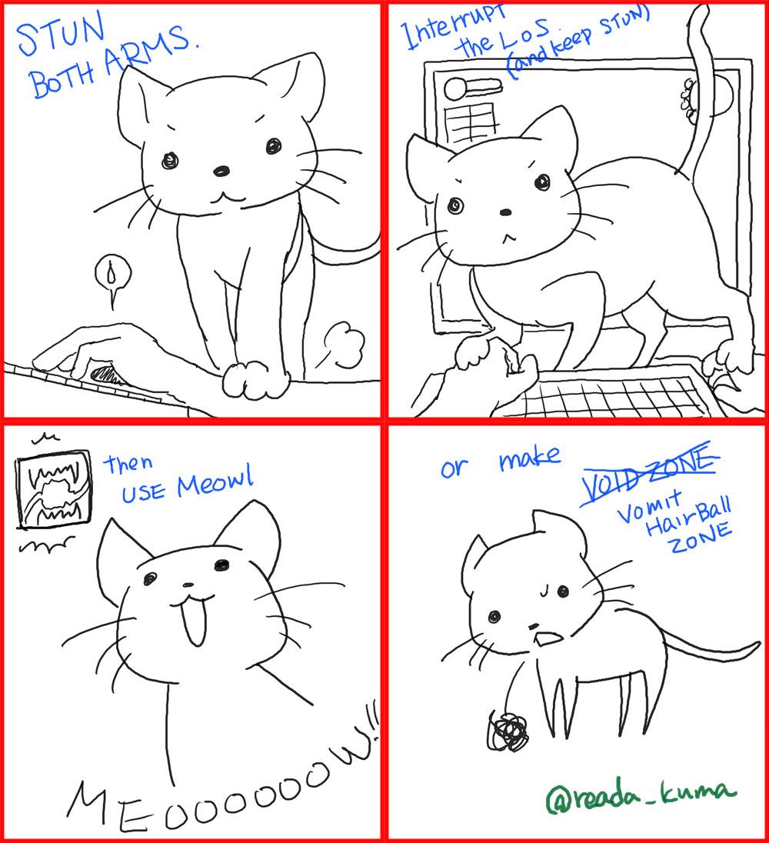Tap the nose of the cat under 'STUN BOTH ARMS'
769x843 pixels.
[x=221, y=170]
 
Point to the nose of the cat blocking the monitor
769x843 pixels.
[x=504, y=212]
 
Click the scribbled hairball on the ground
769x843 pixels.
[x=508, y=731]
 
